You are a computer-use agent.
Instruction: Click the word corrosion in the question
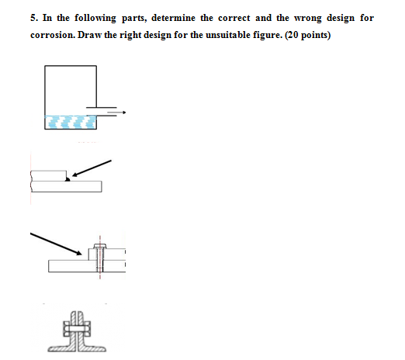pyautogui.click(x=61, y=36)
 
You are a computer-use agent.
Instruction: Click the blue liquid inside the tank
pyautogui.click(x=71, y=121)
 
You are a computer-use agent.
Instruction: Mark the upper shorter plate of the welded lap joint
pyautogui.click(x=49, y=175)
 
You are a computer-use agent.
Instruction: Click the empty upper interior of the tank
pyautogui.click(x=71, y=85)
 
